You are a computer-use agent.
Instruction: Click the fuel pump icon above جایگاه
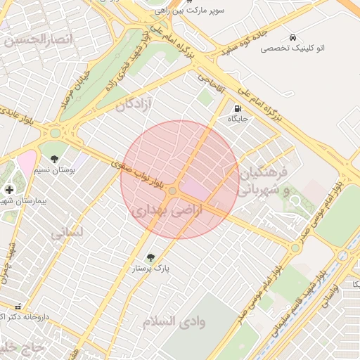[237, 109]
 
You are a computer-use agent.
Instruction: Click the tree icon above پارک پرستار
[149, 257]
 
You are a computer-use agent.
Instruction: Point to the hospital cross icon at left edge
[9, 189]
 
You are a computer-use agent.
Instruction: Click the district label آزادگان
[134, 105]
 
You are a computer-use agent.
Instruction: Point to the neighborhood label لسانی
[68, 232]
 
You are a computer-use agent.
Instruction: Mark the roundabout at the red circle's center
[173, 191]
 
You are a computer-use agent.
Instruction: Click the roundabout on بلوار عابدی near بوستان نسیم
[55, 132]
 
